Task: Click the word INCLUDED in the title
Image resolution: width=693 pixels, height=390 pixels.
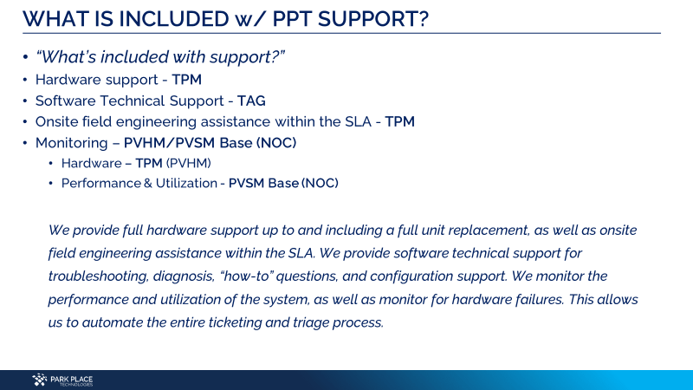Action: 174,19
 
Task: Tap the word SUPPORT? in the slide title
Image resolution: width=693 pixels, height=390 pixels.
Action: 373,19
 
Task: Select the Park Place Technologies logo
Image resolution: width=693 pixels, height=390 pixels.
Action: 62,380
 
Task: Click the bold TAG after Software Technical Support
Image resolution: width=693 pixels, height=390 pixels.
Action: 251,101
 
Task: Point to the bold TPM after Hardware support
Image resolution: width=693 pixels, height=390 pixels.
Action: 186,80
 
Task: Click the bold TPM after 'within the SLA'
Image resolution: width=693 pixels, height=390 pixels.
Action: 399,121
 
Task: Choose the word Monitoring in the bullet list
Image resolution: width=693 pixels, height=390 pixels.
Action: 72,143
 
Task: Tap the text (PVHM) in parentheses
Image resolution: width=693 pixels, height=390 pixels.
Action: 189,163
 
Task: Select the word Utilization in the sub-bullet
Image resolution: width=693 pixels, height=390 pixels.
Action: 186,183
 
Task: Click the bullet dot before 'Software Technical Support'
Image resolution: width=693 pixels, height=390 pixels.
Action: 25,101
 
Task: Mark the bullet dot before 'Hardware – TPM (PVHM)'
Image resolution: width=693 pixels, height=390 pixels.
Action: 51,164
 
